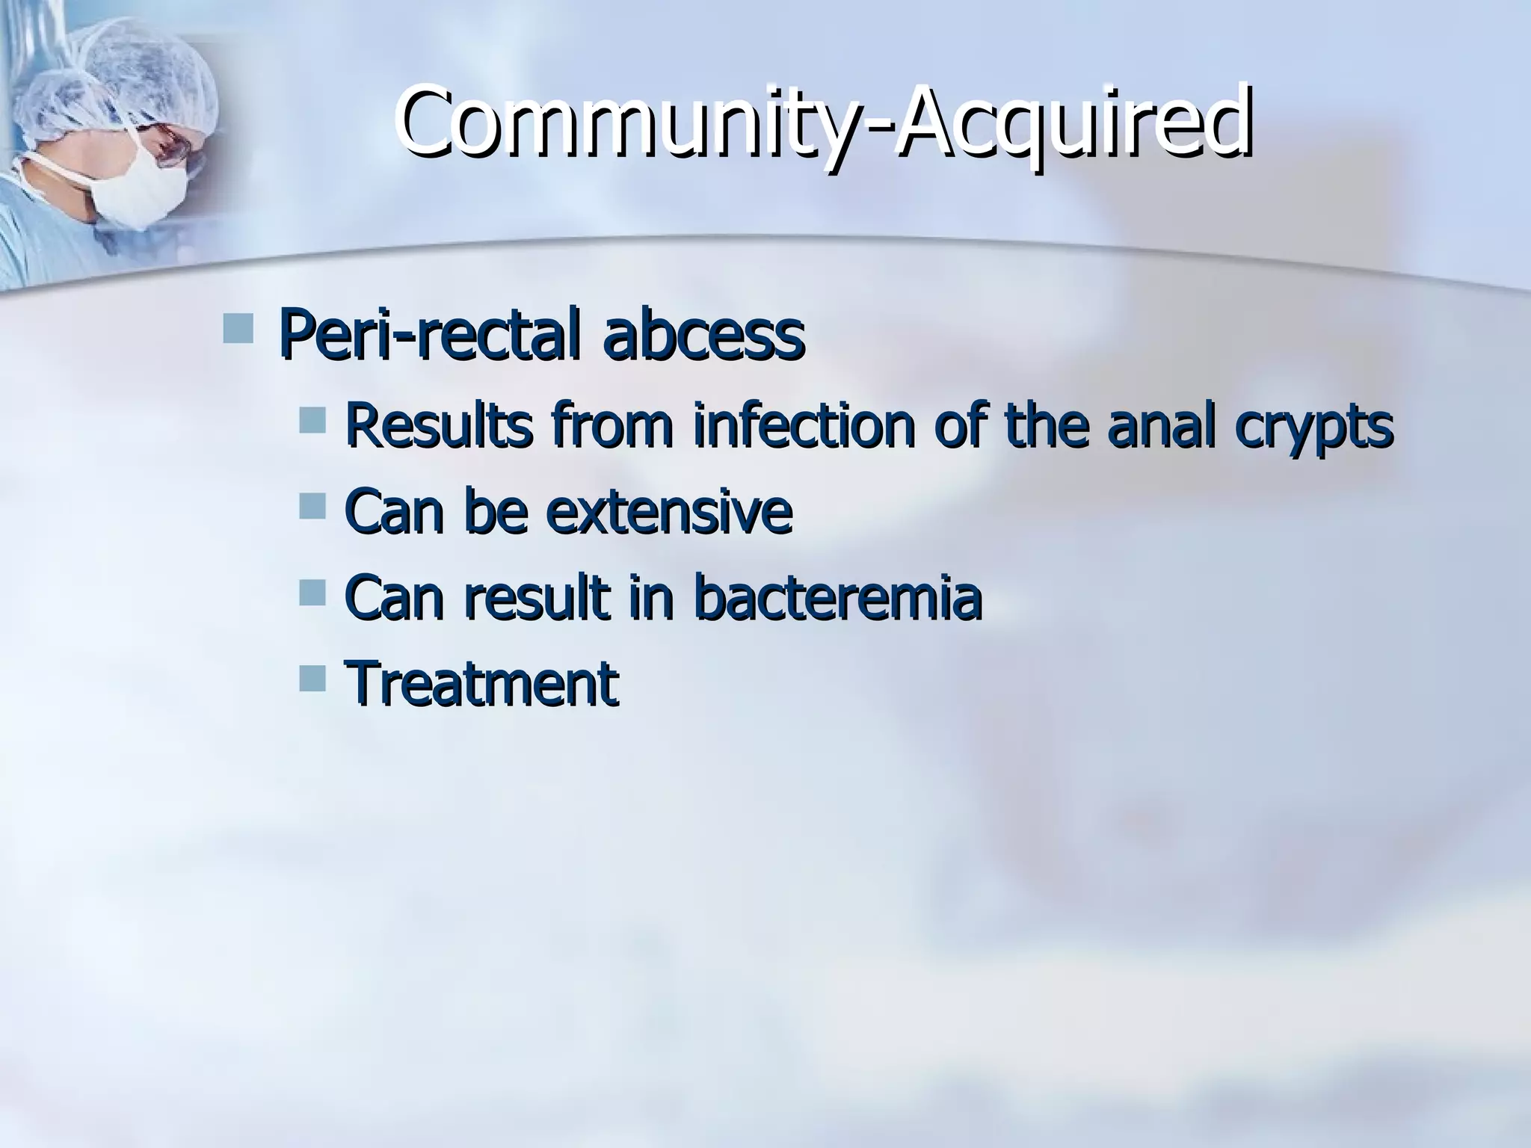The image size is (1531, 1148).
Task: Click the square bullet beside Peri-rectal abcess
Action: [238, 328]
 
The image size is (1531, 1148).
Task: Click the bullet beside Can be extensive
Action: [312, 506]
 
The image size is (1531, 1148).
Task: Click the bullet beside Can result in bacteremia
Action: [312, 593]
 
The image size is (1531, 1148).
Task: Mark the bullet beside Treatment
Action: [312, 679]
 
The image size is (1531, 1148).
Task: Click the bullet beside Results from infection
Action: [312, 420]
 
